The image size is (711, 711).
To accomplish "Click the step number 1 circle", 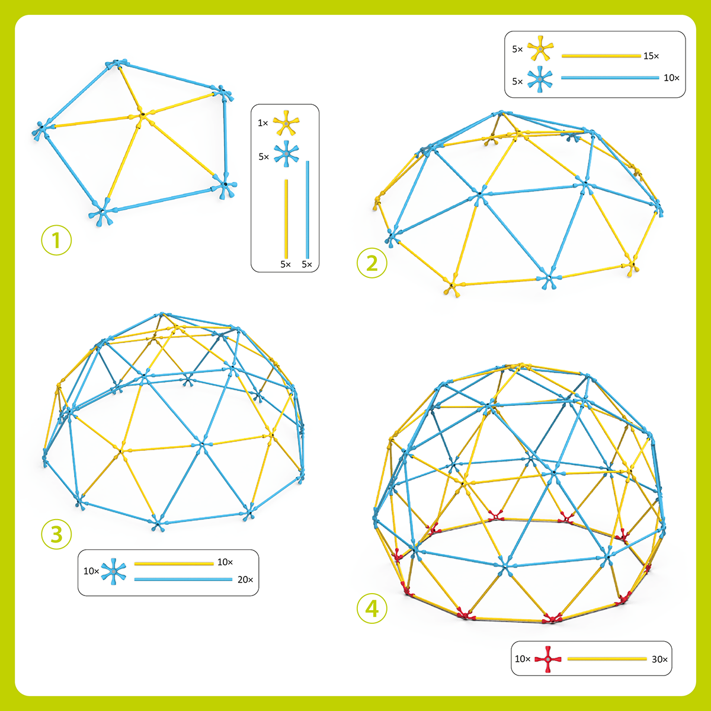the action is click(x=56, y=240).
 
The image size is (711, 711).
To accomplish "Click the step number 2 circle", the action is click(x=372, y=263).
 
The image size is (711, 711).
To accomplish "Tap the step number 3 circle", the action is click(x=56, y=534).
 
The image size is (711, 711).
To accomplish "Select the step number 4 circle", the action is click(x=372, y=608).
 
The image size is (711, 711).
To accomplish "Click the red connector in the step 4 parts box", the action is click(x=548, y=659).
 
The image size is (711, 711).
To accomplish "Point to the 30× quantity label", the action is click(x=659, y=659).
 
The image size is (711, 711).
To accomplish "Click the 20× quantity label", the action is click(x=245, y=579).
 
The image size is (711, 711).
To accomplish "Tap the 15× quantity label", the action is click(x=651, y=56).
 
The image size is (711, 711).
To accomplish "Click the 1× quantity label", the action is click(x=262, y=123).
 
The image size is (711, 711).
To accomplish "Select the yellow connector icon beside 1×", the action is click(x=286, y=123).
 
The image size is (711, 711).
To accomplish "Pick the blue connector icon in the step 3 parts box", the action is click(x=114, y=571).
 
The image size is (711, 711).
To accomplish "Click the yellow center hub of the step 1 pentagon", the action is click(x=142, y=115).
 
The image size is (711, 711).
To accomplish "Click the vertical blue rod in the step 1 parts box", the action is click(x=308, y=210).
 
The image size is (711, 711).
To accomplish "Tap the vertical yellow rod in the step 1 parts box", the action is click(x=286, y=219).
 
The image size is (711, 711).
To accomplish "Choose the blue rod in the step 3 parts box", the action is click(x=183, y=579).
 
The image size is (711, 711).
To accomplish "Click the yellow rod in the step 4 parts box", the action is click(x=607, y=659).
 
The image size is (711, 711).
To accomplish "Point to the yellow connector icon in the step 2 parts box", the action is click(x=540, y=49).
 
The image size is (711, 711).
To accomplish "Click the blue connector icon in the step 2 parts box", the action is click(x=540, y=79).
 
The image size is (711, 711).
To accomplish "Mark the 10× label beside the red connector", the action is click(x=523, y=659).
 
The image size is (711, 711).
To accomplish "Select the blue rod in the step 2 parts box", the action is click(x=610, y=78).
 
